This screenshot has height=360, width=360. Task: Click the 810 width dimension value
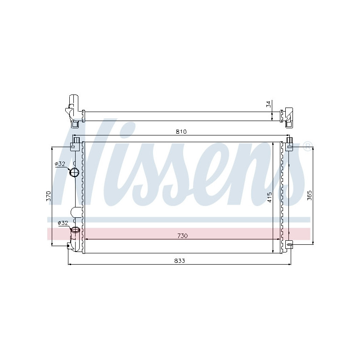pyautogui.click(x=181, y=132)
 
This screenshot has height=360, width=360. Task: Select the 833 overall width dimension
pyautogui.click(x=180, y=261)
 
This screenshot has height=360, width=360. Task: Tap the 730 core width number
pyautogui.click(x=182, y=236)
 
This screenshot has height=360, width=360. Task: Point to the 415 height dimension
pyautogui.click(x=269, y=197)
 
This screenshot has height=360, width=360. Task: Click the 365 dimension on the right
pyautogui.click(x=309, y=195)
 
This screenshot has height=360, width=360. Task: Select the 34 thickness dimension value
pyautogui.click(x=269, y=104)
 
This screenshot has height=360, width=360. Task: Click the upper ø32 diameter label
pyautogui.click(x=60, y=164)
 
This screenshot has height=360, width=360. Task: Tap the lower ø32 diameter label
pyautogui.click(x=63, y=223)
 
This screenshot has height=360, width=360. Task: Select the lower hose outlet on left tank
pyautogui.click(x=76, y=231)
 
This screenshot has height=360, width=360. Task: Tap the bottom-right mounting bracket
pyautogui.click(x=289, y=244)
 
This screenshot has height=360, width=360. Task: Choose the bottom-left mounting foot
pyautogui.click(x=71, y=245)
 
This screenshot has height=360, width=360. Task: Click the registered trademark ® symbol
pyautogui.click(x=307, y=145)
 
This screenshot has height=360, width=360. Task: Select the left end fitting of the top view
pyautogui.click(x=73, y=108)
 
